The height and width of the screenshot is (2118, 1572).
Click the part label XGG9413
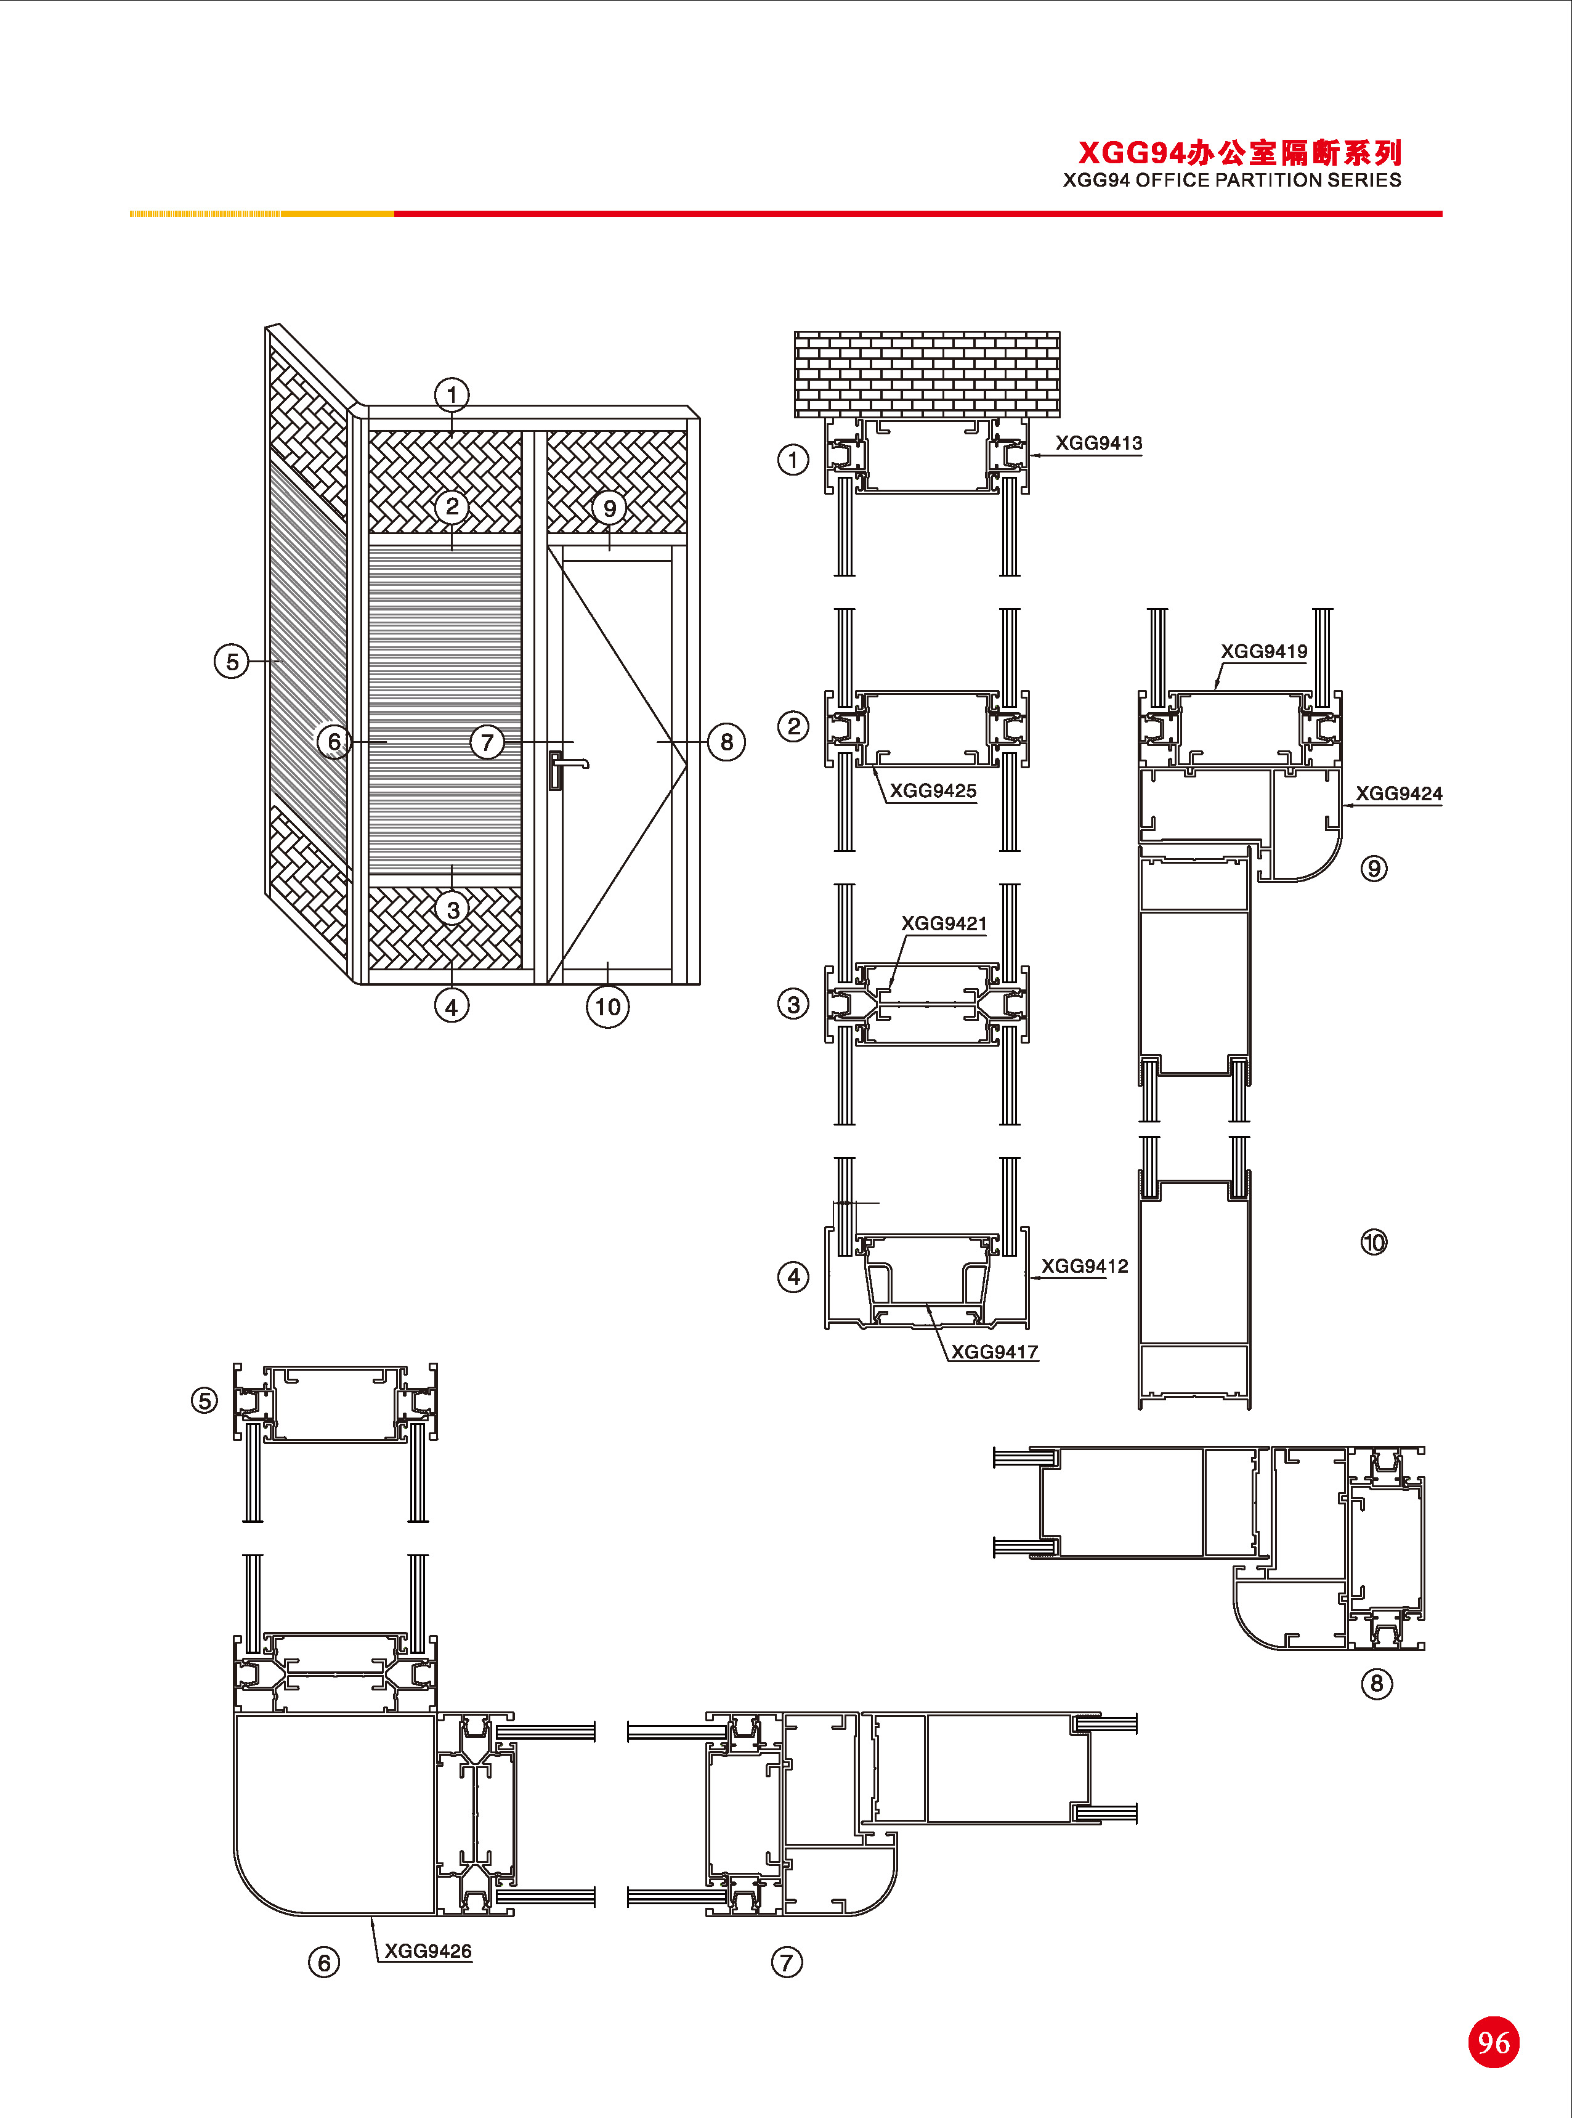coord(1098,444)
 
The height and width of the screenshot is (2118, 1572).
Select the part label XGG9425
coord(933,790)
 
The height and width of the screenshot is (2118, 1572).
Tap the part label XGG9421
coord(944,924)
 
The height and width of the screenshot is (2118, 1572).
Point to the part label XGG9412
coord(1084,1267)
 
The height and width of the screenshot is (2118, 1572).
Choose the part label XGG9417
coord(994,1352)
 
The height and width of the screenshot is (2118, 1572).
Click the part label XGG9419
coord(1263,652)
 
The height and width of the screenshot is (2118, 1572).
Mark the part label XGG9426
coord(427,1952)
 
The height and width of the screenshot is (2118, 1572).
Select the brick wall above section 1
coord(927,374)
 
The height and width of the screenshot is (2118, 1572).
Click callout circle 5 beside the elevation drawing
coord(231,661)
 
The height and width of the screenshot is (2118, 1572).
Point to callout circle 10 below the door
coord(607,1007)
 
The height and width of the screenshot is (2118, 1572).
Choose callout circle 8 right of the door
coord(727,742)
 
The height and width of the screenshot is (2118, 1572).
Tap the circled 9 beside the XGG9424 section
coord(1373,869)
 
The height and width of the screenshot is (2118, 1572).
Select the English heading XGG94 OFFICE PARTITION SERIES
coord(1231,181)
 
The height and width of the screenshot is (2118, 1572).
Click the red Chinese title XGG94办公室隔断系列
coord(1239,152)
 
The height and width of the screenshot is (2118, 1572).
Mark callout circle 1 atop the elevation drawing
coord(452,394)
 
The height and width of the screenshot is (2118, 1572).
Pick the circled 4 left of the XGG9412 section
coord(793,1277)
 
